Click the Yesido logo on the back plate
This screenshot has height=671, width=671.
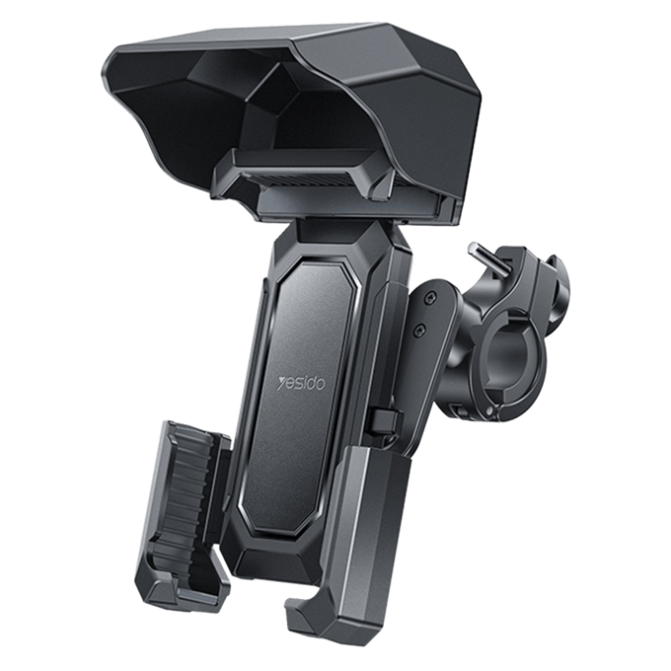301,382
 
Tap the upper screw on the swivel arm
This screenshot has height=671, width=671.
429,297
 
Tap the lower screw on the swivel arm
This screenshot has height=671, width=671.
419,330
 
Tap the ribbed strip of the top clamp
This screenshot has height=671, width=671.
300,179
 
